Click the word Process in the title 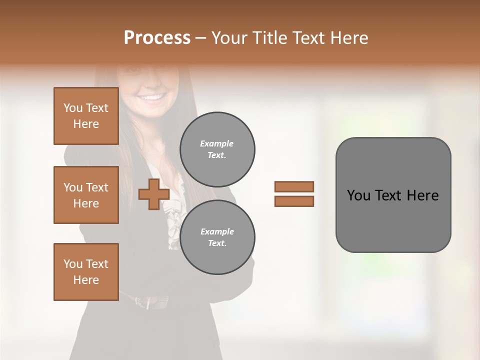157,38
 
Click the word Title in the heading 269,38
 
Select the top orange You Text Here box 86,116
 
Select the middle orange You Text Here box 86,195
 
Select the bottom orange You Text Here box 86,271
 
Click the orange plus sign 153,194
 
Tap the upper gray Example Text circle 217,149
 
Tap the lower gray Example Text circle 217,237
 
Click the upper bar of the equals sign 294,186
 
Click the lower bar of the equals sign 294,201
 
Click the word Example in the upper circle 216,143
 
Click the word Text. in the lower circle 217,243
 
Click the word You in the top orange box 73,108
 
